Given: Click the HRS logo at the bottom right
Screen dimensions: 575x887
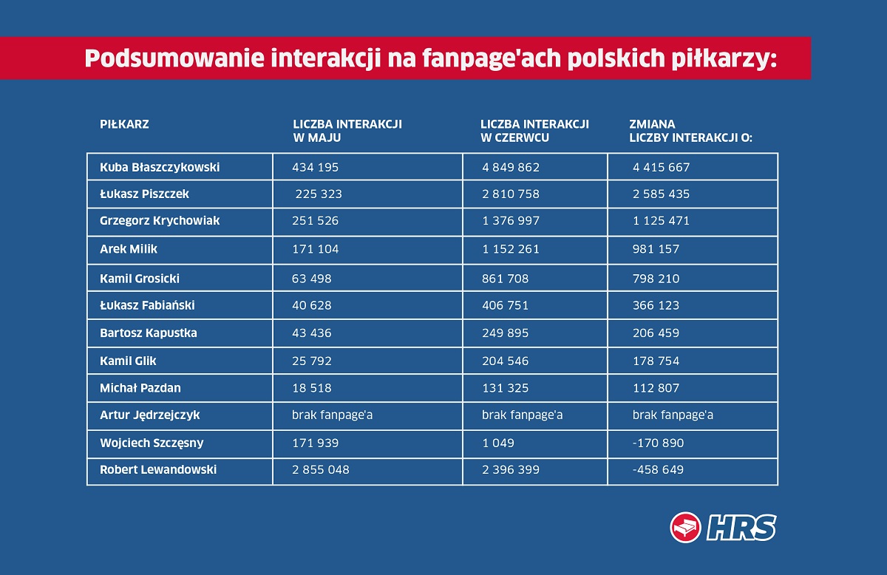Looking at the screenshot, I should pyautogui.click(x=723, y=528).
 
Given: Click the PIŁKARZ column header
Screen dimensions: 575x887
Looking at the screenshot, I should pyautogui.click(x=124, y=124).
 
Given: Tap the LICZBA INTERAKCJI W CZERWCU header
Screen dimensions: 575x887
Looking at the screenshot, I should pyautogui.click(x=534, y=130).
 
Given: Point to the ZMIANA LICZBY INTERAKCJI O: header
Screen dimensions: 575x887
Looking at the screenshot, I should pyautogui.click(x=690, y=130).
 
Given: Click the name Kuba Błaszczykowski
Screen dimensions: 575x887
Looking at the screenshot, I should pyautogui.click(x=160, y=167).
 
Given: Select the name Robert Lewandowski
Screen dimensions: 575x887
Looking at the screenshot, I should pyautogui.click(x=158, y=469).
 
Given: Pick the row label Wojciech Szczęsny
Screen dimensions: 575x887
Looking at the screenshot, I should pyautogui.click(x=152, y=443).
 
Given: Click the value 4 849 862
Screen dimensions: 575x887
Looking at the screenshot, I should pyautogui.click(x=511, y=167).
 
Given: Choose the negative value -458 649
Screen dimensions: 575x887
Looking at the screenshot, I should pyautogui.click(x=658, y=469).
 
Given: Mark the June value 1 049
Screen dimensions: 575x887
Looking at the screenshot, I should pyautogui.click(x=498, y=443).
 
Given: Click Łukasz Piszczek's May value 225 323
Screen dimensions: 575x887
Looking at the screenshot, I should pyautogui.click(x=319, y=194).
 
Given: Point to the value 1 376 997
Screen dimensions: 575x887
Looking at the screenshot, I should pyautogui.click(x=511, y=221).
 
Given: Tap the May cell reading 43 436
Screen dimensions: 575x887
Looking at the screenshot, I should pyautogui.click(x=312, y=333).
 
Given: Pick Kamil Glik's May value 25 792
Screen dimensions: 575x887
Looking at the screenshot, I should pyautogui.click(x=312, y=361).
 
